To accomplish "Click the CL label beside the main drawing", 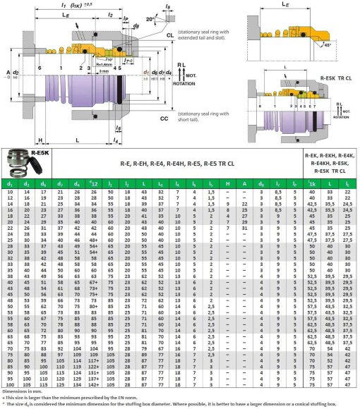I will (x=171, y=34).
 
